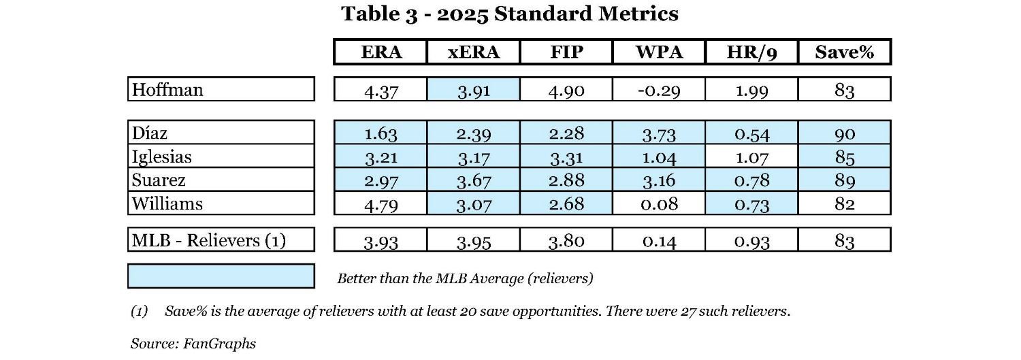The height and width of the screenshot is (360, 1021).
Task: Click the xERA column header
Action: point(473,52)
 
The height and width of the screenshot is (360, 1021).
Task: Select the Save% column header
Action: point(844,52)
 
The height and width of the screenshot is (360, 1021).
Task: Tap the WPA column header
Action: point(658,52)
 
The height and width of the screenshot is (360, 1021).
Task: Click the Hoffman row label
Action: point(167,89)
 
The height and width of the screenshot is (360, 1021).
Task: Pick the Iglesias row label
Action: point(162,157)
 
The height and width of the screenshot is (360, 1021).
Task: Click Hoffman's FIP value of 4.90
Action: point(566,90)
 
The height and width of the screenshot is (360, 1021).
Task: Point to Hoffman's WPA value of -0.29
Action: point(658,90)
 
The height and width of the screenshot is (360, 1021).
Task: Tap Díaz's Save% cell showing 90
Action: point(844,133)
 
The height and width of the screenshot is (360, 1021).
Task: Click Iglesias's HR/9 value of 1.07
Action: point(751,157)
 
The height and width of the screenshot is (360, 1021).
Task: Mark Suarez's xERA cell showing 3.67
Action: point(473,180)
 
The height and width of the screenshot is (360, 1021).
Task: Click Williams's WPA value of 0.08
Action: point(658,203)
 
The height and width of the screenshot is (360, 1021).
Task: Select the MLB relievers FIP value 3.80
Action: point(566,240)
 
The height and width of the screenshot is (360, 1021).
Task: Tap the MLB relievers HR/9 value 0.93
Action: point(751,240)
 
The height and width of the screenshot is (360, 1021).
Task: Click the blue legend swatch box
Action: point(221,276)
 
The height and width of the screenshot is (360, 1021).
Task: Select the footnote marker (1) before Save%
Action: point(140,312)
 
